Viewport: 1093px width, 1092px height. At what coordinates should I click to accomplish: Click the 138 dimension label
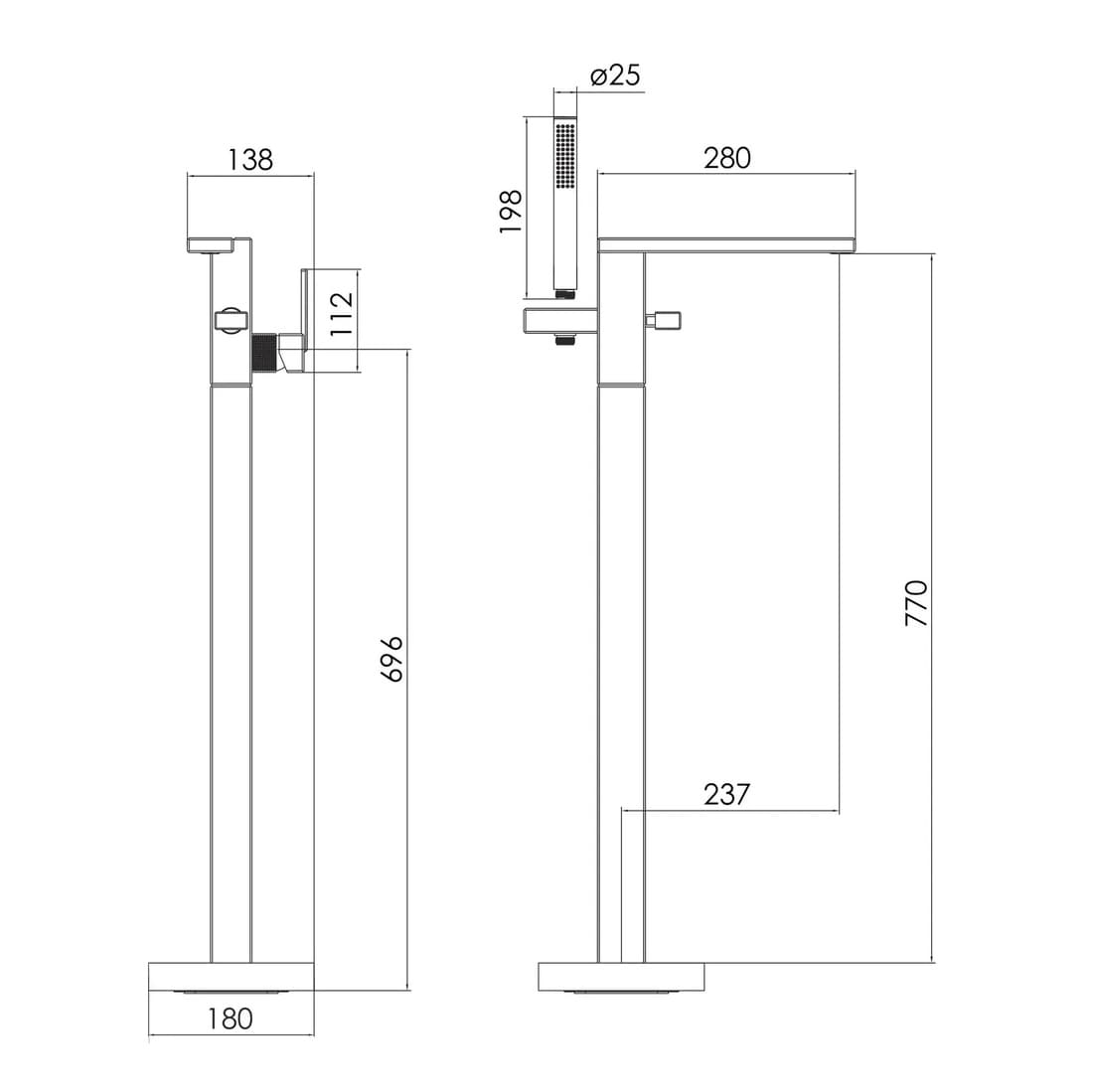click(250, 160)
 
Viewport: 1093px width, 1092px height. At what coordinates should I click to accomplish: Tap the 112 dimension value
click(342, 314)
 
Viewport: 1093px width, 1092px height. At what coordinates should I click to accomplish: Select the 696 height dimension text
click(391, 659)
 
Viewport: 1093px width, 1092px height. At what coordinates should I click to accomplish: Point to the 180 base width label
click(231, 1018)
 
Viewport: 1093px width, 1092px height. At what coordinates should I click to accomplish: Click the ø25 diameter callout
click(615, 75)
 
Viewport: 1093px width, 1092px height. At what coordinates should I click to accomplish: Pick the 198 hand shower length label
click(511, 212)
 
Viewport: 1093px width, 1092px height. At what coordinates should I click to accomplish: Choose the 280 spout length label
click(727, 158)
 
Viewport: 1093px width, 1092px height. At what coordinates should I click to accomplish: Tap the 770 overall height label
click(917, 603)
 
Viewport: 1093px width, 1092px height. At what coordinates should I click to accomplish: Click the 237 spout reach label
click(726, 794)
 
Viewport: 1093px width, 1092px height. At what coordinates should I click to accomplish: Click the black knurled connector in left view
click(262, 354)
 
